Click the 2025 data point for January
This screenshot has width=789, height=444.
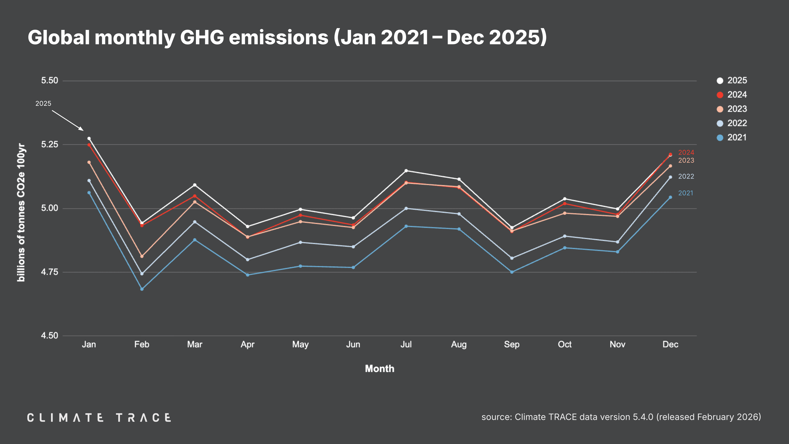tap(89, 139)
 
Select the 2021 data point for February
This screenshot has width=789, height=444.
tap(142, 289)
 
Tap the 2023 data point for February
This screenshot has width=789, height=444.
tap(142, 256)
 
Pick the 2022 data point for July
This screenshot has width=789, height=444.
tap(406, 208)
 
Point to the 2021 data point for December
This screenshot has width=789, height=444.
tap(670, 197)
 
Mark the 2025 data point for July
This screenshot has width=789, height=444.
tap(406, 171)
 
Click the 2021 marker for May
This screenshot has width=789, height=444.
tap(300, 266)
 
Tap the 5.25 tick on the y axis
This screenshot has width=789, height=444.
tap(50, 144)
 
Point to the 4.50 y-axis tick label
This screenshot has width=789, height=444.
tap(50, 336)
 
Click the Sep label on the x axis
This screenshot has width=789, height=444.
tap(512, 344)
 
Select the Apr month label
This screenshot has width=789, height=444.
tap(247, 344)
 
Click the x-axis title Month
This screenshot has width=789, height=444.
tap(380, 369)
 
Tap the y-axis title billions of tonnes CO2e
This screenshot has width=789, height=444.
tap(21, 212)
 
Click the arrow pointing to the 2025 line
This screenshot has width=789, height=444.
tap(68, 120)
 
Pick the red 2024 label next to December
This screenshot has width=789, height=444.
tap(686, 152)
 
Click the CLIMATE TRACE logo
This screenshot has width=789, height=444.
tap(99, 417)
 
